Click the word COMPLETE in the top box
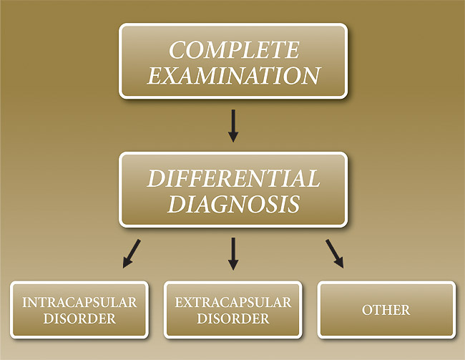(233, 51)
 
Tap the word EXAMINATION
(233, 75)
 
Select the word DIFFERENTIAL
(233, 178)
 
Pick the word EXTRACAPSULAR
(233, 302)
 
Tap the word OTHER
(386, 310)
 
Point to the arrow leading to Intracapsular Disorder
(132, 253)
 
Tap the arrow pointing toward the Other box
(334, 253)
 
